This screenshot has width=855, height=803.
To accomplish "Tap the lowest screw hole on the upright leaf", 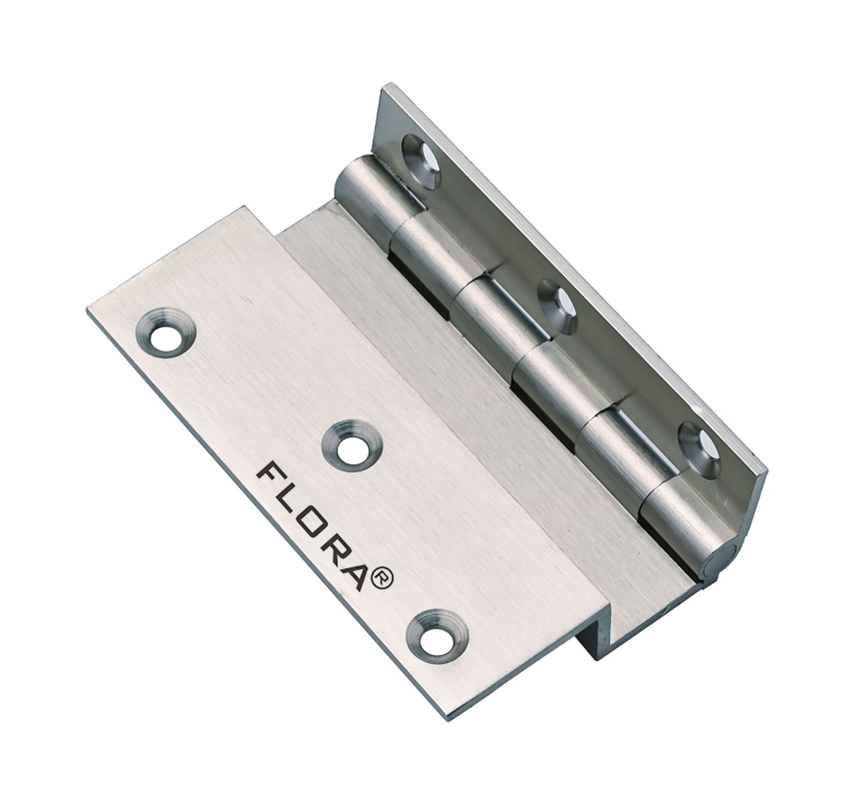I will tap(698, 443).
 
